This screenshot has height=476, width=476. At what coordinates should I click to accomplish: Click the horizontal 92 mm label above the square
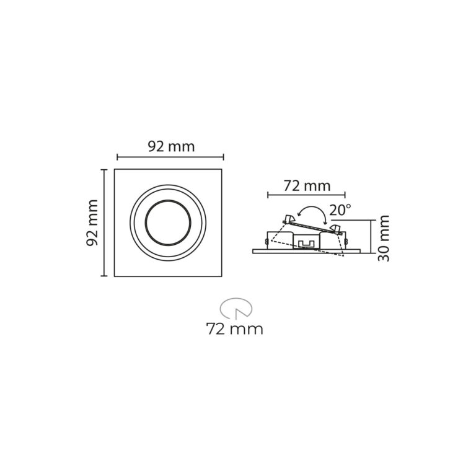(x=171, y=147)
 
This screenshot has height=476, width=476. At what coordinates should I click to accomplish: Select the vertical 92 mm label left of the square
(x=93, y=223)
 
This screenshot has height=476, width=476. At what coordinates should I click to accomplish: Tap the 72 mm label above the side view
(x=307, y=185)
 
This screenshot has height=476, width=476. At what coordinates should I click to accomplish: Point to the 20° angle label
(x=340, y=211)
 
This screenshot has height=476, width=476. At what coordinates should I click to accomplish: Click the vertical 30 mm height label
(x=384, y=238)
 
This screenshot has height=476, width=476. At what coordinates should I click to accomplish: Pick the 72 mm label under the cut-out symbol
(x=235, y=329)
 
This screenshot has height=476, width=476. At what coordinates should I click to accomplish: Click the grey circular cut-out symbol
(x=236, y=307)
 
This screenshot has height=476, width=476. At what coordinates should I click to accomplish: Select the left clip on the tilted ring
(x=288, y=218)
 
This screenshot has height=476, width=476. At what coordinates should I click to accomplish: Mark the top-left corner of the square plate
(x=115, y=170)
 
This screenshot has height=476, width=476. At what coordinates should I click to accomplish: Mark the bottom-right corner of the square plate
(x=222, y=276)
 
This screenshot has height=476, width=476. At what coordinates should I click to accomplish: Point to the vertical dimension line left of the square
(x=104, y=223)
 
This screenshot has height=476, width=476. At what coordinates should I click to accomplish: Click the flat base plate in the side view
(x=306, y=252)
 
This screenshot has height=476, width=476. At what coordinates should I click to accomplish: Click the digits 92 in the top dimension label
(x=156, y=147)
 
